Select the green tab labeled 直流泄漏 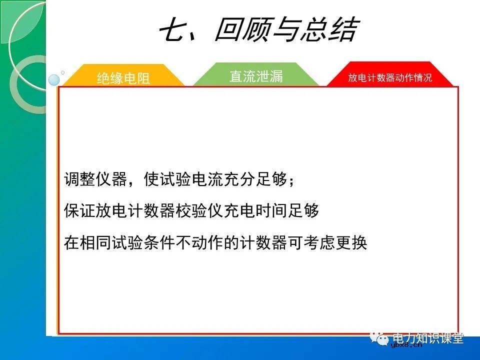[256, 76]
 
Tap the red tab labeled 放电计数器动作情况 [390, 78]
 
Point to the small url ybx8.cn [406, 344]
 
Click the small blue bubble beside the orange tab [53, 80]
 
